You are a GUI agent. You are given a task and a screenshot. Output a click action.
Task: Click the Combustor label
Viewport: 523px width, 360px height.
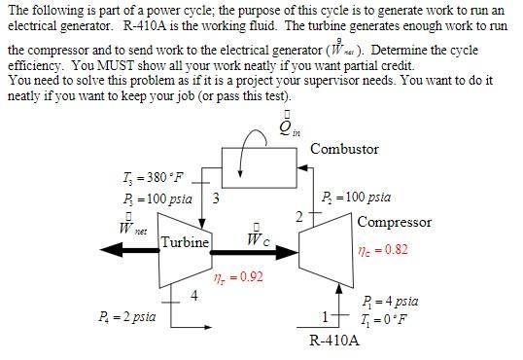pyautogui.click(x=344, y=149)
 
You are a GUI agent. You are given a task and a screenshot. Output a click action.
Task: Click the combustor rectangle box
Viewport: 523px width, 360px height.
pyautogui.click(x=260, y=171)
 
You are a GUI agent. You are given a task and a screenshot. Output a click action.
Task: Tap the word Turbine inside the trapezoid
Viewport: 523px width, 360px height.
pyautogui.click(x=184, y=242)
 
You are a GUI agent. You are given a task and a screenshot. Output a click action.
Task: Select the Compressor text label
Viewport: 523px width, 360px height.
pyautogui.click(x=394, y=222)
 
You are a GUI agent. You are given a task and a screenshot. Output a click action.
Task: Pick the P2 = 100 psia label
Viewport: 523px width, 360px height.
pyautogui.click(x=356, y=197)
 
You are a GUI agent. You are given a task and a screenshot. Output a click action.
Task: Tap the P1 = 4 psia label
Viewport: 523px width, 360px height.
pyautogui.click(x=390, y=302)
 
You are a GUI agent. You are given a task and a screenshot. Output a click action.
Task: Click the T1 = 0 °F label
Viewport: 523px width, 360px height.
pyautogui.click(x=386, y=319)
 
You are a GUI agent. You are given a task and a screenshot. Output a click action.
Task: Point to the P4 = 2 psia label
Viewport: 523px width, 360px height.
pyautogui.click(x=127, y=316)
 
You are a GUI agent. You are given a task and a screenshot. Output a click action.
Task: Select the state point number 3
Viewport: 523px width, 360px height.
pyautogui.click(x=215, y=198)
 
